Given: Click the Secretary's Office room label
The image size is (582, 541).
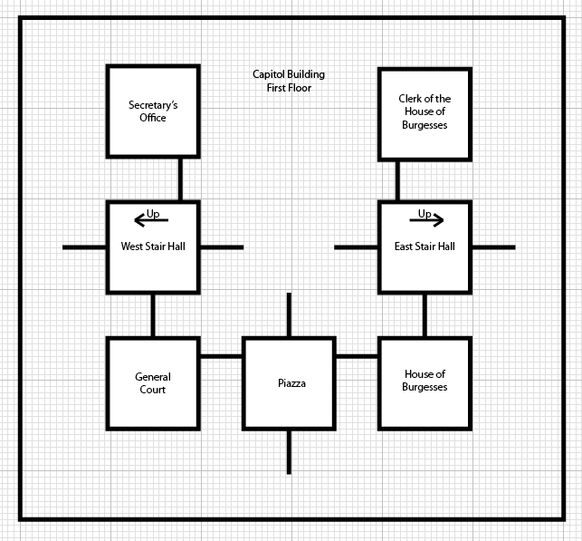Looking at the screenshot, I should click(153, 111).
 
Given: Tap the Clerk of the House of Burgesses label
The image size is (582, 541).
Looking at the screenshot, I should click(425, 111).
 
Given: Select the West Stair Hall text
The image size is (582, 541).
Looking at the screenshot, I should click(153, 246).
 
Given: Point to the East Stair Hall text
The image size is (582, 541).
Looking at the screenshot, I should click(425, 246).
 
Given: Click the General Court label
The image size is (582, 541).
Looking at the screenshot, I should click(153, 383).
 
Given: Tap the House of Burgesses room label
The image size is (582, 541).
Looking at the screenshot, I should click(425, 381).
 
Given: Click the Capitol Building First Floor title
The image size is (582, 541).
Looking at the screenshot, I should click(289, 81).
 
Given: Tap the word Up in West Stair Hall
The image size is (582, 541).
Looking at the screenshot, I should click(153, 214).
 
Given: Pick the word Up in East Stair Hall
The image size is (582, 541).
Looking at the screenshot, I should click(425, 214).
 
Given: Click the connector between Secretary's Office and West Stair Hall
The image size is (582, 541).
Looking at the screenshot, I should click(180, 179).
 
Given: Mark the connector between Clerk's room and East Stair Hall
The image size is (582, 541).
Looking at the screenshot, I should click(397, 179).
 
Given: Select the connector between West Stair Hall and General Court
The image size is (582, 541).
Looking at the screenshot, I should click(153, 314).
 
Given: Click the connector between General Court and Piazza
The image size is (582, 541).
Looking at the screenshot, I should click(221, 356).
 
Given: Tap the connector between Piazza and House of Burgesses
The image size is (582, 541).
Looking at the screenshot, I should click(357, 356).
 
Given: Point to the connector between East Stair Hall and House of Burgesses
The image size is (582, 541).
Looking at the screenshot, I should click(425, 314).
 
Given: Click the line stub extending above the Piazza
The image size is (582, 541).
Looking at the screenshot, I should click(289, 314).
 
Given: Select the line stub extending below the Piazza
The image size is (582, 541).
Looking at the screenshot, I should click(289, 451).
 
